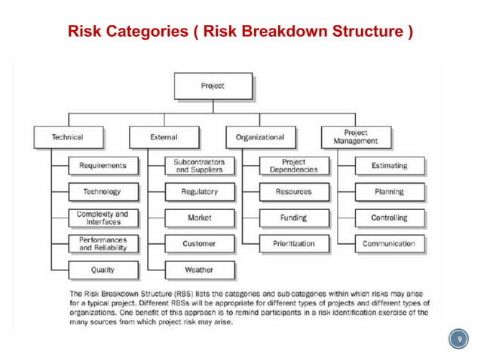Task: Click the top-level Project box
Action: [x=213, y=86]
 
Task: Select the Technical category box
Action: [x=68, y=137]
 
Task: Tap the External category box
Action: [x=164, y=137]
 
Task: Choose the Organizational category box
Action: [x=260, y=137]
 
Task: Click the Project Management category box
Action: [x=356, y=137]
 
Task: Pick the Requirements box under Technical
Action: [x=103, y=166]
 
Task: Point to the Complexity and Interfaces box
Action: [x=103, y=218]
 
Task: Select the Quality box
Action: [x=103, y=270]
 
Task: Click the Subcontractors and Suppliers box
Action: [x=199, y=166]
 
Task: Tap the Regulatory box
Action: [x=199, y=192]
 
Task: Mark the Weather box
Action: [x=199, y=270]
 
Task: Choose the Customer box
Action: [x=199, y=244]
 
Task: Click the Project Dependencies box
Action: [x=294, y=166]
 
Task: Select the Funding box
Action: [x=294, y=218]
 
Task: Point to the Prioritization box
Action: [x=294, y=244]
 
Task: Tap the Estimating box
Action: [x=390, y=166]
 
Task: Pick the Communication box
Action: [x=390, y=244]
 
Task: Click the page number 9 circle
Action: [x=457, y=340]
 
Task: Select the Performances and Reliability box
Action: [x=103, y=244]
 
